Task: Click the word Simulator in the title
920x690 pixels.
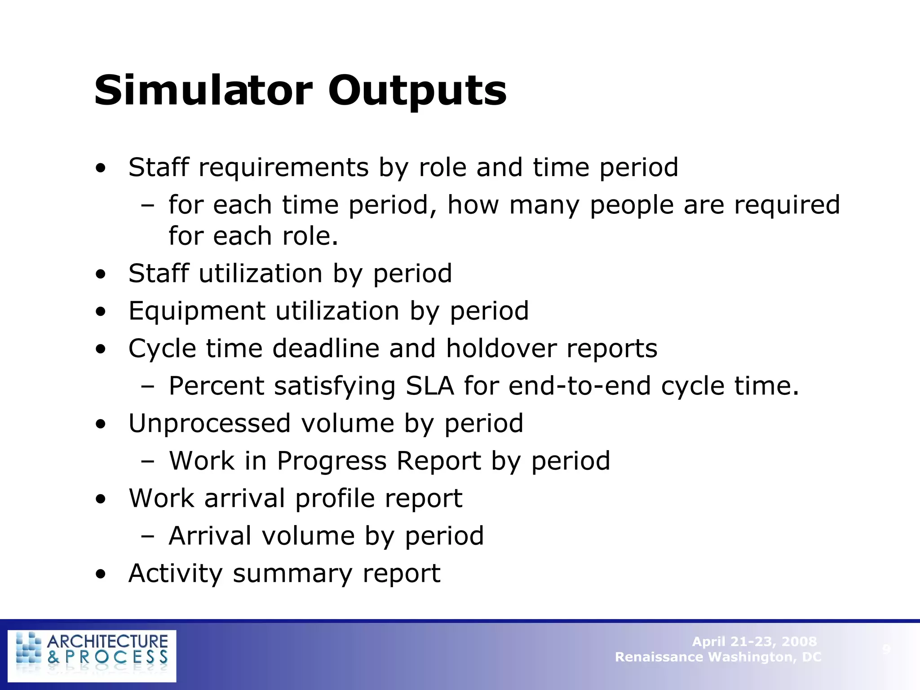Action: tap(203, 91)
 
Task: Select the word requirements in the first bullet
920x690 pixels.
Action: tap(283, 168)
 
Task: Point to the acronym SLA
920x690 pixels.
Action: tap(429, 386)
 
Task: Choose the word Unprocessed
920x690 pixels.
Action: tap(209, 424)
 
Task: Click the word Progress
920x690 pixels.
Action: tap(332, 461)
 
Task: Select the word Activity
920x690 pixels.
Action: tap(175, 574)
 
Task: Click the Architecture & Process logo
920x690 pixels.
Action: tap(92, 655)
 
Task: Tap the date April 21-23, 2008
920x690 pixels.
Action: tap(754, 641)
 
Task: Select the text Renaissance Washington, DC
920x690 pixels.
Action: tap(718, 657)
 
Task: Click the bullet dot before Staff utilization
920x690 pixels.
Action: tap(101, 274)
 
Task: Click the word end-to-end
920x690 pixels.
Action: tap(579, 386)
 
